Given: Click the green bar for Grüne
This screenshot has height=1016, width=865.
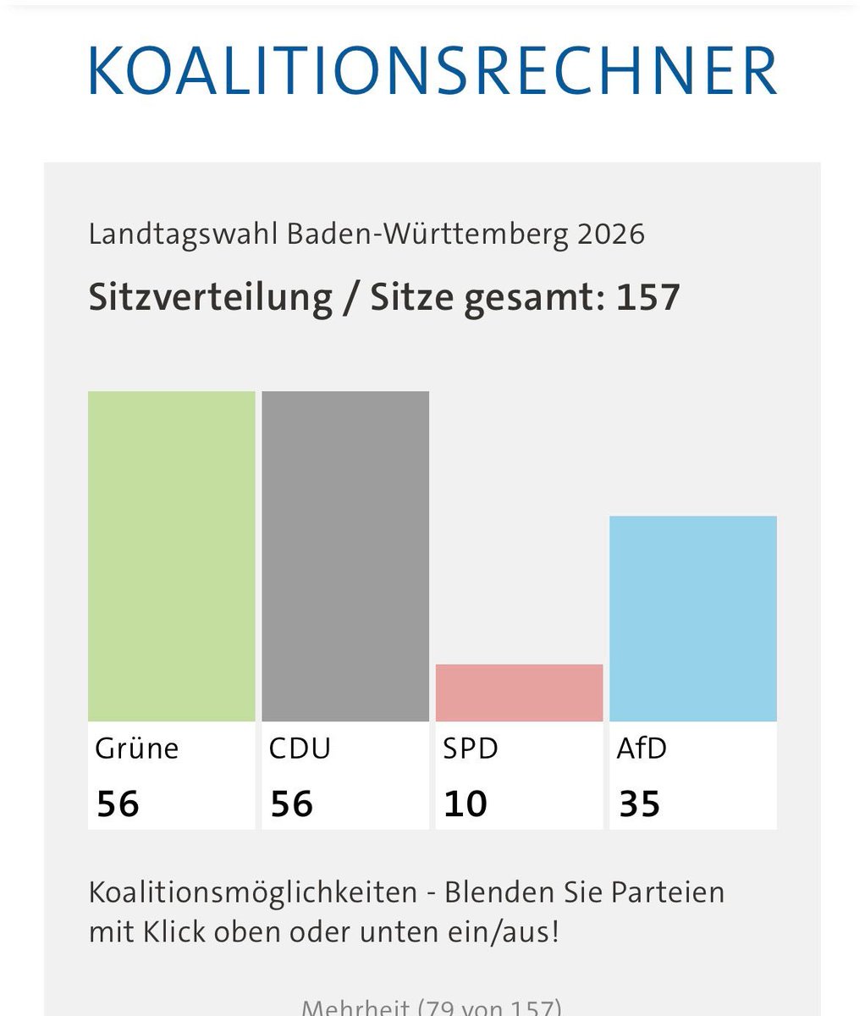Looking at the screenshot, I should (171, 555).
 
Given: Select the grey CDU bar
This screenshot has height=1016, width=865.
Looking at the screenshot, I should (345, 555).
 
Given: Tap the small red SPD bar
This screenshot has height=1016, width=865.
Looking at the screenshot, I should (519, 693).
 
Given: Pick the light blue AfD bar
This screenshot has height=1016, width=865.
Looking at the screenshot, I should (693, 618).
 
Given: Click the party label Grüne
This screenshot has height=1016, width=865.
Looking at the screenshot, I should (137, 748).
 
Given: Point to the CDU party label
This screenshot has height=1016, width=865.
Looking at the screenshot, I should (300, 748).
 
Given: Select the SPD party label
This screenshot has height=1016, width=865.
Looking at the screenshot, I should (471, 748).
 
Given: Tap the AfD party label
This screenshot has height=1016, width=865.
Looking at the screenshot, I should (642, 748).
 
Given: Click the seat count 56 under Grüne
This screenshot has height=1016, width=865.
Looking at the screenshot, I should (118, 803).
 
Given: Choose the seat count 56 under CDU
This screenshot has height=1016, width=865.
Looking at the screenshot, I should (292, 803).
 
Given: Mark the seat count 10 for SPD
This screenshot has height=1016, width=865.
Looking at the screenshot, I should (466, 803).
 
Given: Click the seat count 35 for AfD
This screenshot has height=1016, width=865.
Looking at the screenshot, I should (639, 803).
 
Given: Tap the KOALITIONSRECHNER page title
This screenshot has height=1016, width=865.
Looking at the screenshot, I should (432, 71).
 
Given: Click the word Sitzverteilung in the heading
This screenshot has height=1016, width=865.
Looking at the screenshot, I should (211, 297).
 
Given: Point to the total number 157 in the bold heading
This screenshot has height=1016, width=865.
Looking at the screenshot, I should (647, 297).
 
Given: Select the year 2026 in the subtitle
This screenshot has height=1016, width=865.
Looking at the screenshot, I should (611, 234).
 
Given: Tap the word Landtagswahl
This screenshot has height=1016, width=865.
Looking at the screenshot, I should (183, 234).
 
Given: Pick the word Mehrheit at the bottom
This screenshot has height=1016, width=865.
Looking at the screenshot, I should (355, 1008).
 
